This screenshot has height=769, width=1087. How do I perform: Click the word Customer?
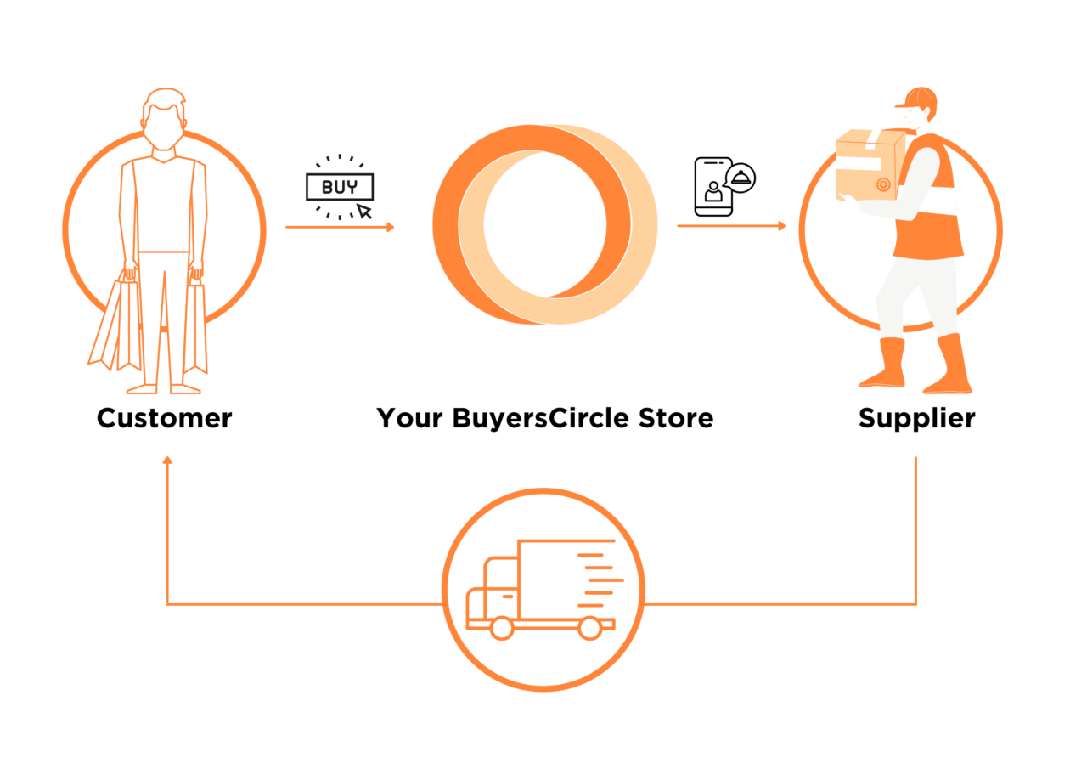pyautogui.click(x=165, y=418)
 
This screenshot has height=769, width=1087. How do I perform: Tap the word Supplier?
pyautogui.click(x=916, y=418)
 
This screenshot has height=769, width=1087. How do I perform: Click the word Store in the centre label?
pyautogui.click(x=676, y=418)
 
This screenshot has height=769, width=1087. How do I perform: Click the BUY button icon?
pyautogui.click(x=340, y=187)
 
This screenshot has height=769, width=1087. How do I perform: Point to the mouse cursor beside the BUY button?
pyautogui.click(x=364, y=212)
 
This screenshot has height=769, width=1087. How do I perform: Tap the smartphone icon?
pyautogui.click(x=713, y=186)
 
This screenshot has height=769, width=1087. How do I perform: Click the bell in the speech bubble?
pyautogui.click(x=741, y=178)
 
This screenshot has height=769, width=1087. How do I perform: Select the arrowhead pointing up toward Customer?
pyautogui.click(x=167, y=461)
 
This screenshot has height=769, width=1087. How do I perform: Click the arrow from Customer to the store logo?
pyautogui.click(x=340, y=227)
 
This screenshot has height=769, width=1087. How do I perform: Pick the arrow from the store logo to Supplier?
pyautogui.click(x=731, y=226)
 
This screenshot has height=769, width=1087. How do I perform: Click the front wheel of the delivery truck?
pyautogui.click(x=502, y=628)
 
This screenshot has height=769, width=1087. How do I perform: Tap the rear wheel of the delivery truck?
pyautogui.click(x=590, y=628)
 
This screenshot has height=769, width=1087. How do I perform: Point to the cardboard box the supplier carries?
pyautogui.click(x=870, y=165)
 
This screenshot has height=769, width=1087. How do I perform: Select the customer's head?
pyautogui.click(x=164, y=120)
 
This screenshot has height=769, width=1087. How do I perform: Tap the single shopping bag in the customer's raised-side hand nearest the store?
pyautogui.click(x=195, y=328)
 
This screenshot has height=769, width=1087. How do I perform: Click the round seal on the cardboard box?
pyautogui.click(x=883, y=184)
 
